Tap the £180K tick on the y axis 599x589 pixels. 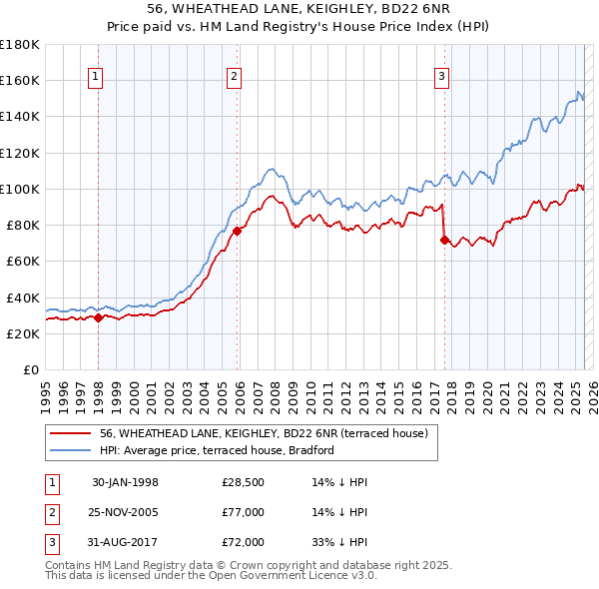click(20, 45)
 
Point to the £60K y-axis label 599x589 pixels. click(23, 262)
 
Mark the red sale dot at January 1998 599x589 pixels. click(99, 318)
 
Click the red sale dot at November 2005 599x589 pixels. click(238, 231)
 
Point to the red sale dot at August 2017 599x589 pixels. click(444, 240)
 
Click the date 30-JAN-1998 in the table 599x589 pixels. click(125, 482)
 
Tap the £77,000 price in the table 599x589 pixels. click(244, 512)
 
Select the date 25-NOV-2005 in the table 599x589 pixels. click(125, 512)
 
